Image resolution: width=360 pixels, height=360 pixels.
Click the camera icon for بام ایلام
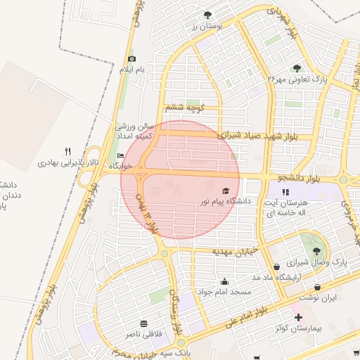(131, 59)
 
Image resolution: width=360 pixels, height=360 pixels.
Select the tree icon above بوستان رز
(207, 14)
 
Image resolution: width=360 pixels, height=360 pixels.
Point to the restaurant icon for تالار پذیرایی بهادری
(67, 151)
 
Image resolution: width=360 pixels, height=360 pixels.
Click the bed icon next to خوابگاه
(120, 155)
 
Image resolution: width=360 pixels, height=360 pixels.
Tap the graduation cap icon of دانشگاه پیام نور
(226, 191)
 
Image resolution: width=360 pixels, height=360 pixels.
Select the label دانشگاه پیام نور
(225, 201)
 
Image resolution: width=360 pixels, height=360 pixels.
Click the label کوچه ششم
(184, 108)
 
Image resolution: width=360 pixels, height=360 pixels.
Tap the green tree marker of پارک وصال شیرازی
(316, 250)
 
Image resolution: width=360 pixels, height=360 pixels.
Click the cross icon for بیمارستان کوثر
(298, 317)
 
